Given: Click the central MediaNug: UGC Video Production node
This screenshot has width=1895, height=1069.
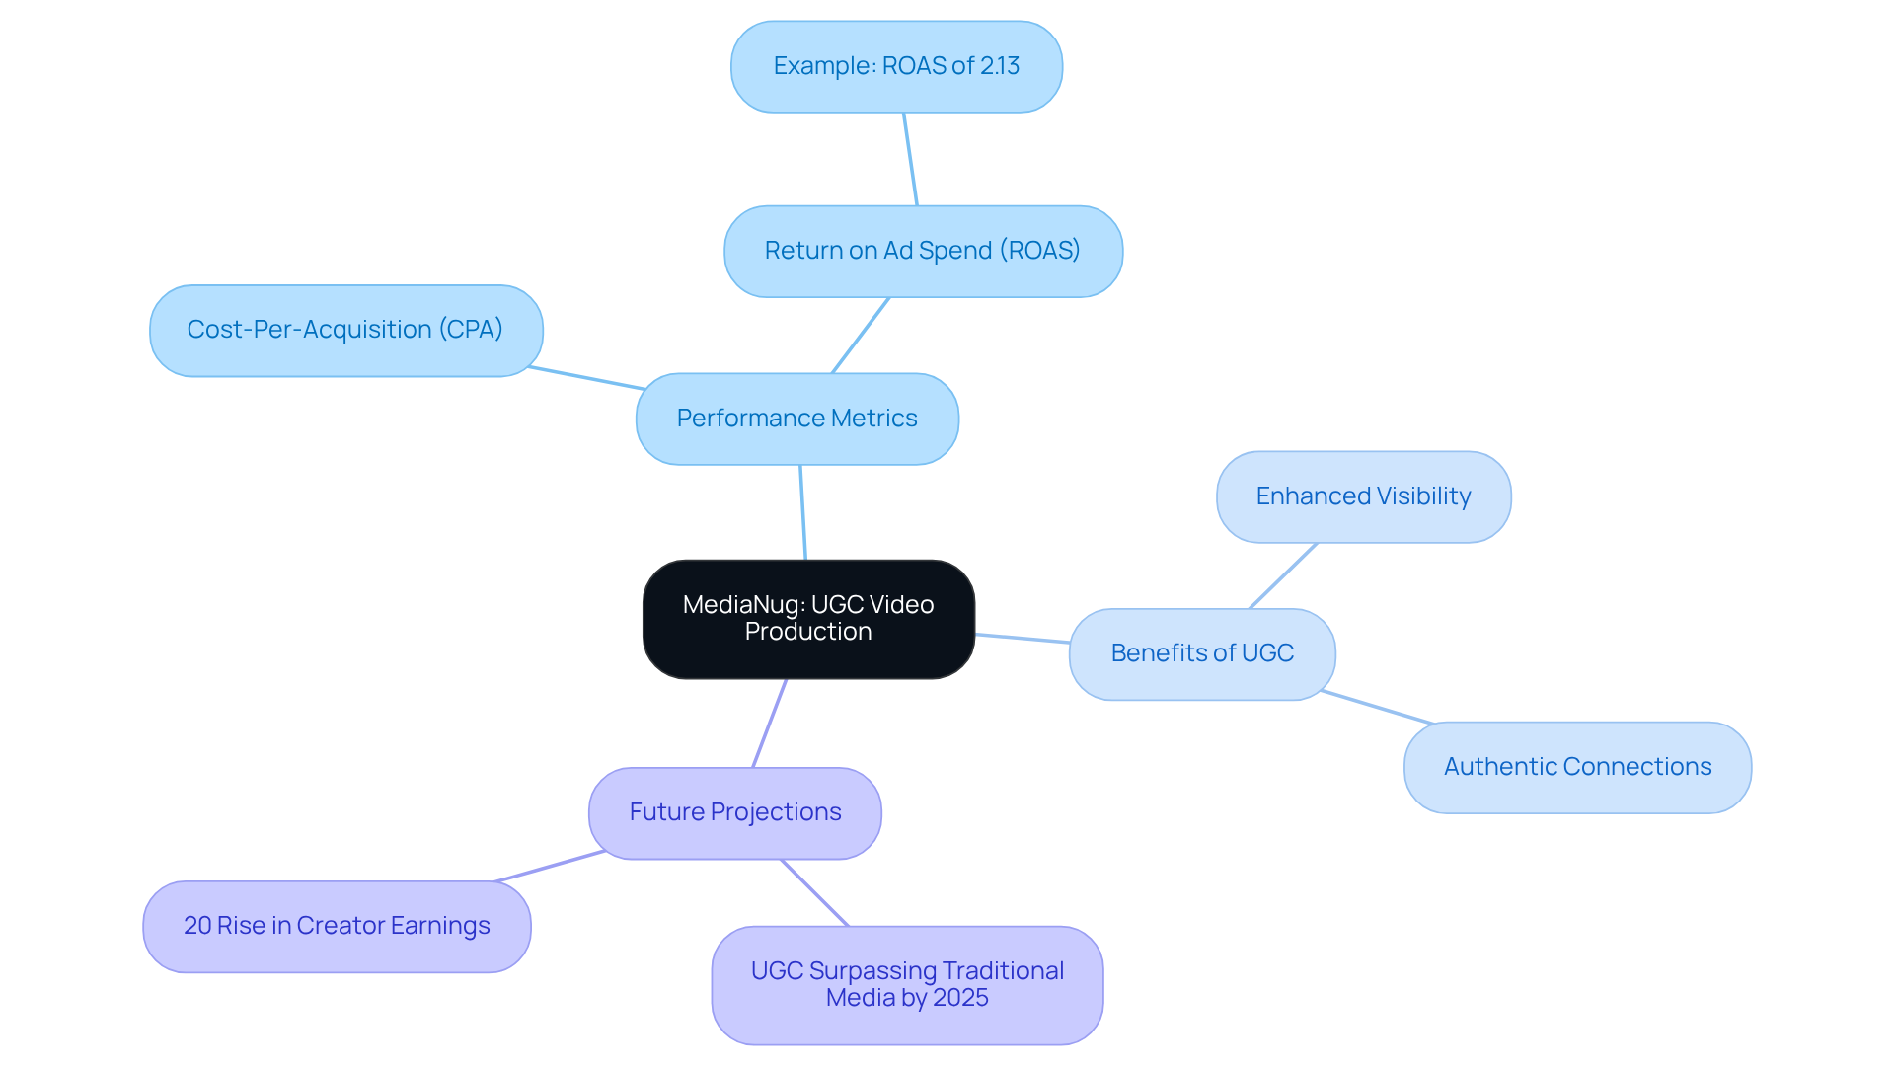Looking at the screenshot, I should point(808,619).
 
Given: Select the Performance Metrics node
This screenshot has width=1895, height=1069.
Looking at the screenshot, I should point(796,419).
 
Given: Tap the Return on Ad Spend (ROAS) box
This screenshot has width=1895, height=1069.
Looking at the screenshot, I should point(923,251).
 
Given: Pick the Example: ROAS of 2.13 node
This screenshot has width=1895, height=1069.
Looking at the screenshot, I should point(896,66).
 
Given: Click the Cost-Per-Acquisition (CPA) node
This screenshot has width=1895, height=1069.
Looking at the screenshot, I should point(345,330).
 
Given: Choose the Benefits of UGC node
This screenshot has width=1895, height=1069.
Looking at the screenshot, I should point(1201,653).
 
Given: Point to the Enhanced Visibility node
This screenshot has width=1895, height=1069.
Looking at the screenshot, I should point(1363,496).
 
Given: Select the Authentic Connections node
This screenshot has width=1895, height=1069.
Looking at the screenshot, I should point(1576,767).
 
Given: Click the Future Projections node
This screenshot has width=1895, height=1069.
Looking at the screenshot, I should point(734,812).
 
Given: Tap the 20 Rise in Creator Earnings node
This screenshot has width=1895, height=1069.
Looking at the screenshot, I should point(337,926).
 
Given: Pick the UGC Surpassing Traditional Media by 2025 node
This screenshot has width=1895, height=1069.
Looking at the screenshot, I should point(906,984).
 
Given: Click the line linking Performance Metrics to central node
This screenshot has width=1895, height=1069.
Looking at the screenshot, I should point(802,512).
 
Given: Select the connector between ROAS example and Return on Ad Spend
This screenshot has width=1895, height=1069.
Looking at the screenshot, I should point(910,159).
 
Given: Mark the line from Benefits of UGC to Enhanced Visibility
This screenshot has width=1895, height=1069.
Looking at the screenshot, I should point(1283,575).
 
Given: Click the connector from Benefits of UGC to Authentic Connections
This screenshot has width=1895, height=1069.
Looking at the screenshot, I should point(1376,707).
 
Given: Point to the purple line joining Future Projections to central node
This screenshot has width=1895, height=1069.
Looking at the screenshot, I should point(770,723).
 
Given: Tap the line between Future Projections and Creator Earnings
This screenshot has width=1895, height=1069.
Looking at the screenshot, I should point(549,866).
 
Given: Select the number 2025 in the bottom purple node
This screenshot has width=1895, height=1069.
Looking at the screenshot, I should point(960,998).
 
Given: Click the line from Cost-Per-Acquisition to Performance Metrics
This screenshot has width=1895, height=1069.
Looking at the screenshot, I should point(586,378).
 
